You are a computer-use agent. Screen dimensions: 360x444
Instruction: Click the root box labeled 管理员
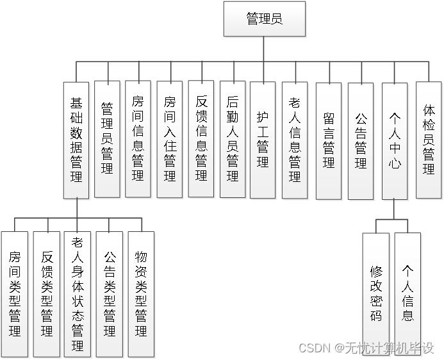coord(265,19)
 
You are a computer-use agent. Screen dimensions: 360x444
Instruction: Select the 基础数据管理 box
coord(76,139)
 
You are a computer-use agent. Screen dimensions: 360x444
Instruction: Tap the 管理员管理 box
coord(107,138)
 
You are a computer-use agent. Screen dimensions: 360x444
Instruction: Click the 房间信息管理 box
coord(138,138)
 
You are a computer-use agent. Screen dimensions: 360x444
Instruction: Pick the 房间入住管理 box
coord(169,138)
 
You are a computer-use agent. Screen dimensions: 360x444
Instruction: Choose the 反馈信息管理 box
coord(201,138)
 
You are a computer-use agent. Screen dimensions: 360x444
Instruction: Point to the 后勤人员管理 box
coord(233,138)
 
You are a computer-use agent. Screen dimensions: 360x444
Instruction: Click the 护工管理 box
coord(263,139)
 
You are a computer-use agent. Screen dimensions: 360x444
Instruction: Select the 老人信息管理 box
coord(295,139)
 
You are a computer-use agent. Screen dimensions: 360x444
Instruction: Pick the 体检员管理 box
coord(429,139)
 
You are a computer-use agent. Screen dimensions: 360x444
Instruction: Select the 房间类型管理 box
coord(15,294)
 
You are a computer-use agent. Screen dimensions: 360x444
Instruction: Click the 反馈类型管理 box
coord(47,294)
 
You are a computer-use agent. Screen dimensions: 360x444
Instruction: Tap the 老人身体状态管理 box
coord(78,294)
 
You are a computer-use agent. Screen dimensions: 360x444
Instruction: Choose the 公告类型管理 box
coord(110,294)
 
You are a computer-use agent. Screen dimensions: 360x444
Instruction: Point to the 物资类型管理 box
coord(141,294)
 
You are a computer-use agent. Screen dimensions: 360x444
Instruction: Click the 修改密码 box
coord(375,293)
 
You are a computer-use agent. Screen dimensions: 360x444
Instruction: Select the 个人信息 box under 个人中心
coord(407,293)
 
